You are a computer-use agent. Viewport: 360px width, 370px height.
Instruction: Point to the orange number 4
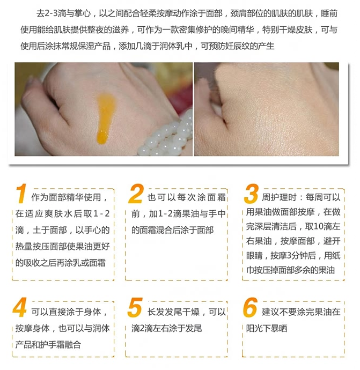pos(19,309)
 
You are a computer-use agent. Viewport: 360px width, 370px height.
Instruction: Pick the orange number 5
pos(135,309)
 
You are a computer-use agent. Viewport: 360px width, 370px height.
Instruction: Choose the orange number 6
pos(250,309)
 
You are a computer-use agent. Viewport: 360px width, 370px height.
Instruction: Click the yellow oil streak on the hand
pos(104,115)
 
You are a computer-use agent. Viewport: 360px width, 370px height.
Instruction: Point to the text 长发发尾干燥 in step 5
pos(174,312)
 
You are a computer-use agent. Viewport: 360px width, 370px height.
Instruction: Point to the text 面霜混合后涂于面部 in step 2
pos(172,230)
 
